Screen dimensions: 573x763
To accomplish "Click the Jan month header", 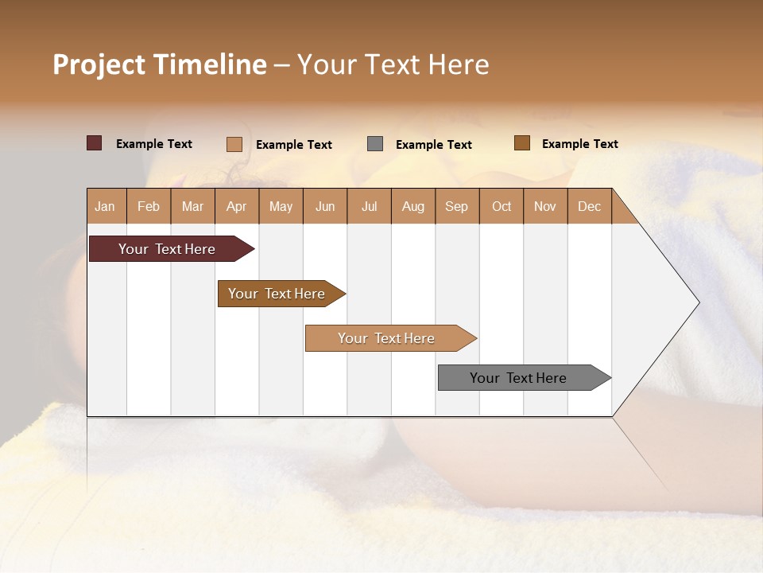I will [x=105, y=207].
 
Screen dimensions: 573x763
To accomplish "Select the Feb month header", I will [x=149, y=207].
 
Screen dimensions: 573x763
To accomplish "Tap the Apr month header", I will [x=237, y=207].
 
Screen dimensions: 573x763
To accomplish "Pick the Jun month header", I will [x=325, y=207].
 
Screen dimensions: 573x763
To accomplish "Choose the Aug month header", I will [x=413, y=207].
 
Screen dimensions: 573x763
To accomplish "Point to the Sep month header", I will [x=457, y=207].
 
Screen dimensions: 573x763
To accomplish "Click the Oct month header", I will [x=502, y=207].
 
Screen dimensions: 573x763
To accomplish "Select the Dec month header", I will [x=590, y=207].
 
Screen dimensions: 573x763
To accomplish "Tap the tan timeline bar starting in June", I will [x=388, y=338].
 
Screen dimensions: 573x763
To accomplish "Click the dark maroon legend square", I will [x=95, y=143].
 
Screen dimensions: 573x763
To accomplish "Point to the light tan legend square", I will [x=234, y=144].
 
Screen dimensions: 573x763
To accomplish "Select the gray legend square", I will [x=375, y=144].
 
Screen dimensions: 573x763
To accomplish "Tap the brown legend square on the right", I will [x=522, y=143].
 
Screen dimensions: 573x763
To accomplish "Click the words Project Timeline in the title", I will [x=159, y=64].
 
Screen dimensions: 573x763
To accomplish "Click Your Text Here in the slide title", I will [x=393, y=64].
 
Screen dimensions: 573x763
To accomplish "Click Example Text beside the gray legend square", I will [x=434, y=145].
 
